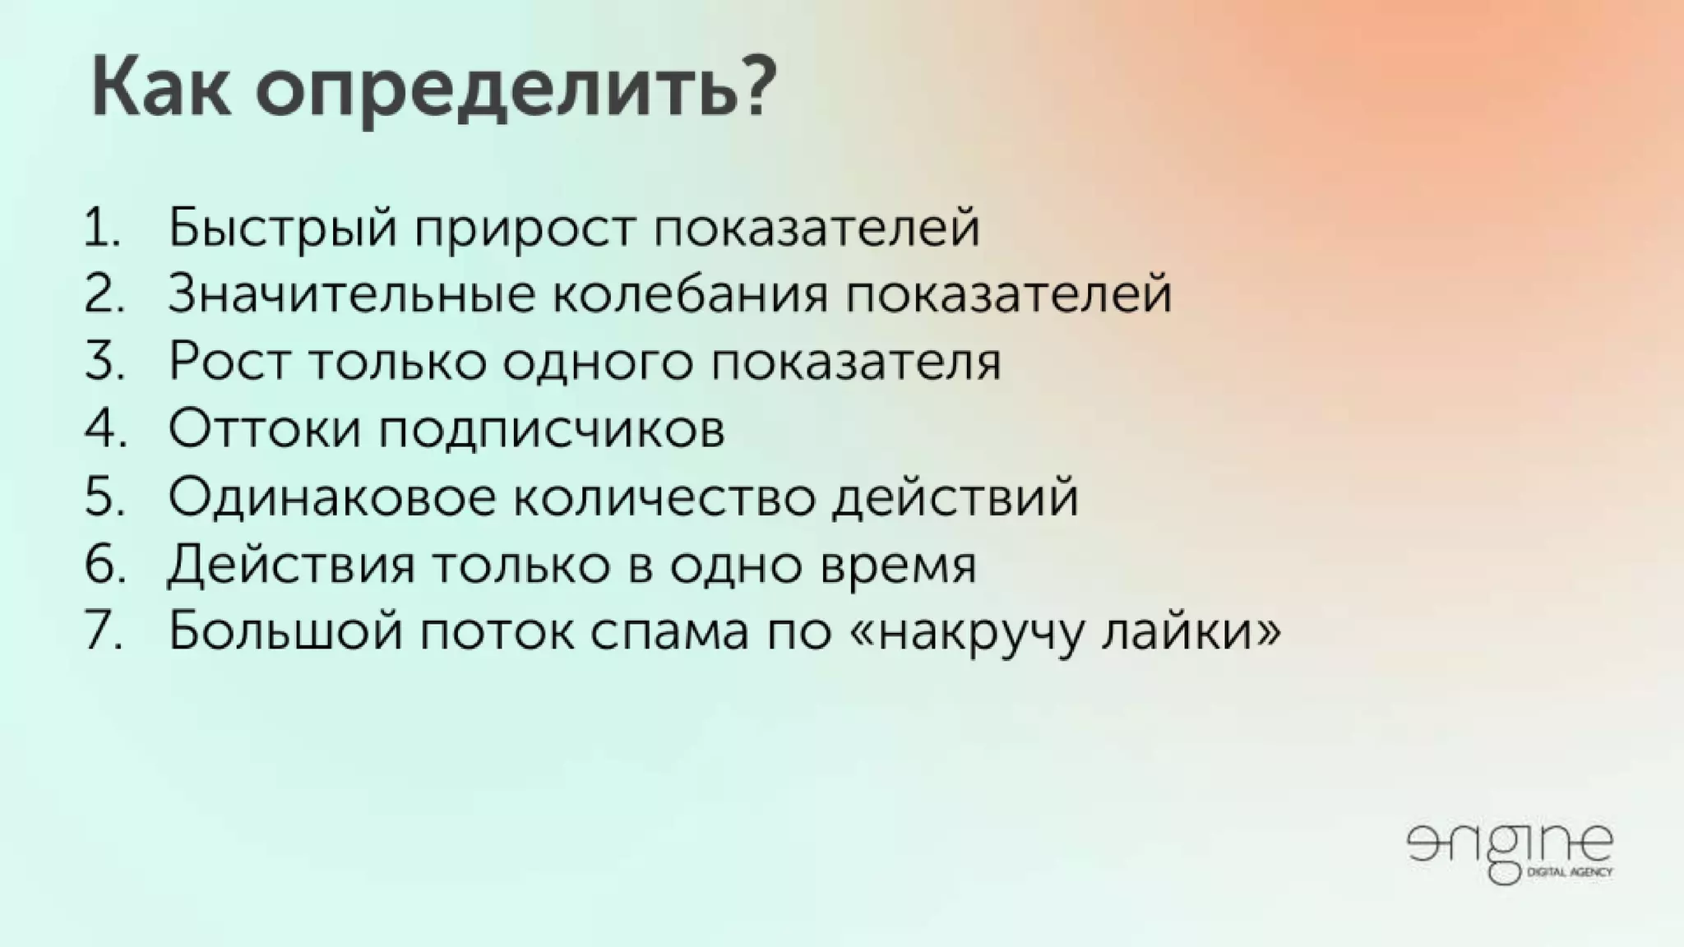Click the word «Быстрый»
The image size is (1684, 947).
click(x=283, y=228)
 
